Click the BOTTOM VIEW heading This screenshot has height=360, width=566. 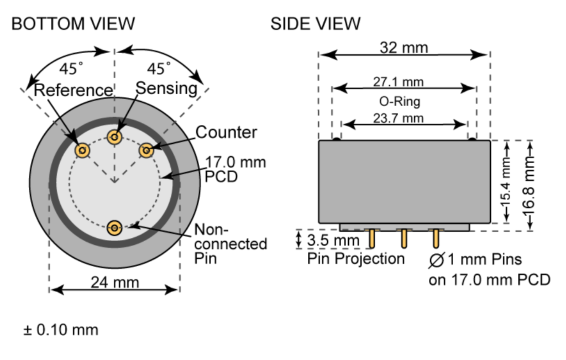[x=72, y=24]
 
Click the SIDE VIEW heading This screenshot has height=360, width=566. [x=315, y=24]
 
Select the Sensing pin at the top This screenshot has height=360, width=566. [x=115, y=137]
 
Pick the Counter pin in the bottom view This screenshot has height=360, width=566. [x=146, y=150]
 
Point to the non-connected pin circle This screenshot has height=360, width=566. [x=115, y=227]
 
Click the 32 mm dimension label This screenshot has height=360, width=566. [x=403, y=48]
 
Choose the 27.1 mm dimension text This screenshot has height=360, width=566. [x=398, y=82]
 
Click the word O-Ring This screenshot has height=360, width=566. [x=403, y=101]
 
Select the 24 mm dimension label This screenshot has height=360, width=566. [x=115, y=283]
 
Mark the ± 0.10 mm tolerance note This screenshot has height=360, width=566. [x=61, y=330]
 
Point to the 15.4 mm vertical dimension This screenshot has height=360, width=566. [x=505, y=182]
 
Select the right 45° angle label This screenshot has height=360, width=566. [x=159, y=69]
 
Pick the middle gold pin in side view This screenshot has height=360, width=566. [x=404, y=238]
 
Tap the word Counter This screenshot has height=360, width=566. [x=226, y=133]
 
